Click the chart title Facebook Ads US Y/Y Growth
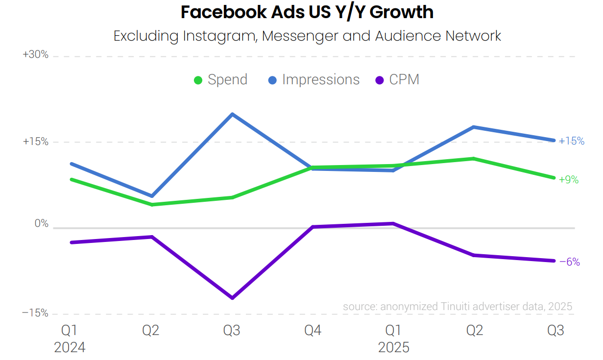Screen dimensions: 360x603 pyautogui.click(x=307, y=12)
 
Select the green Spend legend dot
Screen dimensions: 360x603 pyautogui.click(x=198, y=80)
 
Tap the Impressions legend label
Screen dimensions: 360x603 pyautogui.click(x=320, y=80)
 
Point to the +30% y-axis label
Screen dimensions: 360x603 pyautogui.click(x=36, y=55)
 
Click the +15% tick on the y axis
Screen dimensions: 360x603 pyautogui.click(x=36, y=142)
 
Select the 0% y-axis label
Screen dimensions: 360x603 pyautogui.click(x=42, y=224)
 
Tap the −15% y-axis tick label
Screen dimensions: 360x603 pyautogui.click(x=35, y=313)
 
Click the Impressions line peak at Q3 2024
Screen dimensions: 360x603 pyautogui.click(x=232, y=114)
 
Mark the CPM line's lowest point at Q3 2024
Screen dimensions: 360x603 pyautogui.click(x=232, y=298)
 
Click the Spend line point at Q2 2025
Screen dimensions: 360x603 pyautogui.click(x=474, y=158)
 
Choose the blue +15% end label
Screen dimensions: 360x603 pyautogui.click(x=571, y=141)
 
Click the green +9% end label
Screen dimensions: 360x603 pyautogui.click(x=568, y=180)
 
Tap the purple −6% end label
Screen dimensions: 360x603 pyautogui.click(x=569, y=262)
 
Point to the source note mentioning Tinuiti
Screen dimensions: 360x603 pyautogui.click(x=457, y=307)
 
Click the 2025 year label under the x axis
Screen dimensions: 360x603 pyautogui.click(x=393, y=348)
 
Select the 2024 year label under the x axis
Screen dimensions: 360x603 pyautogui.click(x=70, y=348)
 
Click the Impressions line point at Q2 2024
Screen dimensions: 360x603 pyautogui.click(x=152, y=196)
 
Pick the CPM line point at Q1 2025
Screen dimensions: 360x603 pyautogui.click(x=393, y=223)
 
